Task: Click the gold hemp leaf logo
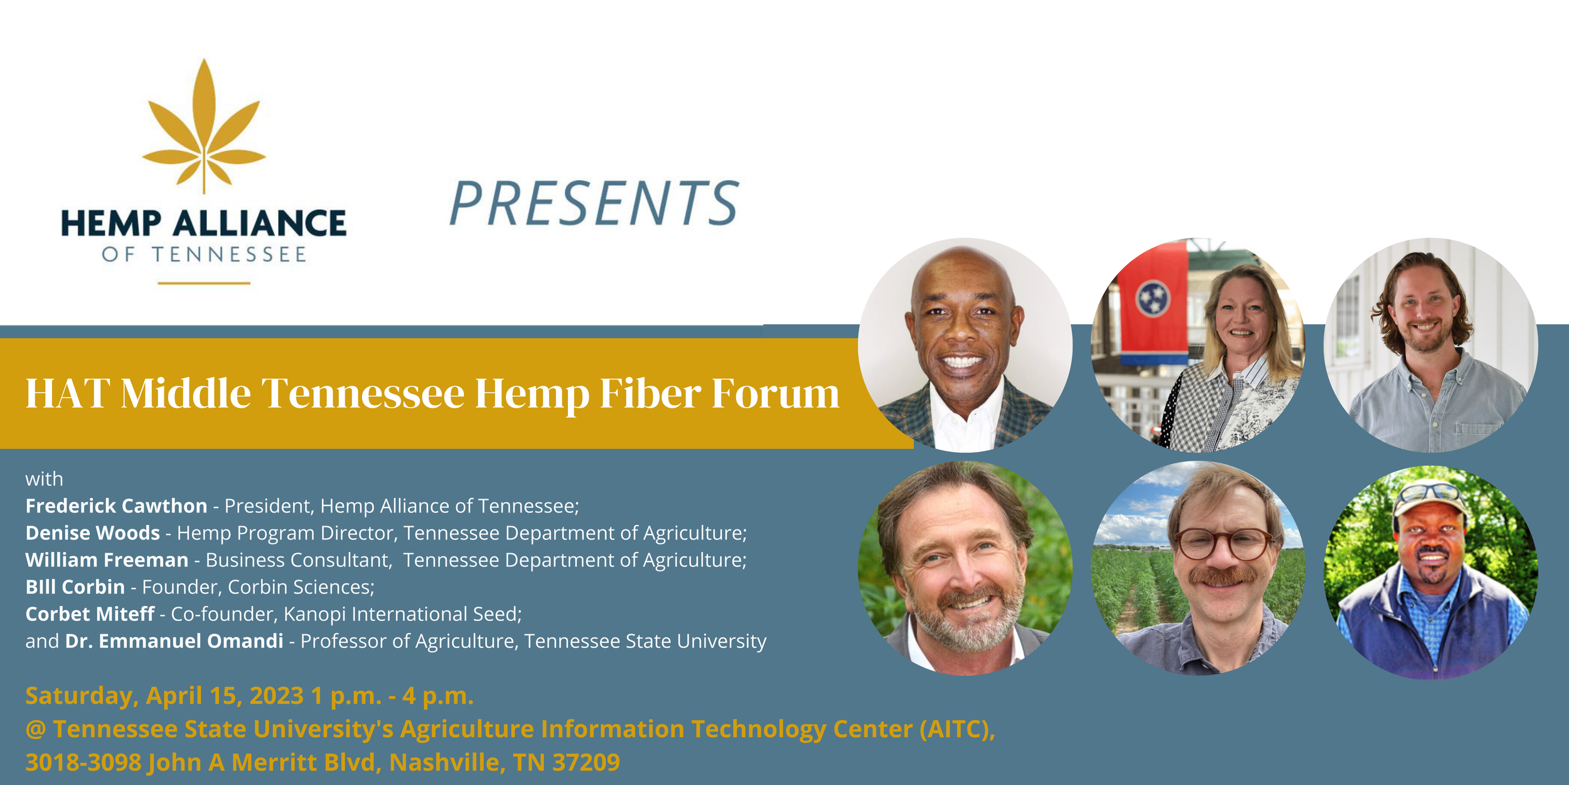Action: (x=204, y=126)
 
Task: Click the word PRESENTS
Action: (x=594, y=203)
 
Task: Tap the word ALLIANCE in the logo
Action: (x=259, y=224)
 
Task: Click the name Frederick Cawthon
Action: (x=116, y=506)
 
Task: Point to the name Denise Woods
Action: (x=93, y=533)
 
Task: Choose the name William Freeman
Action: (x=107, y=560)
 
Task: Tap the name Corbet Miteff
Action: (x=90, y=614)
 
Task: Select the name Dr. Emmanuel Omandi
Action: (x=174, y=641)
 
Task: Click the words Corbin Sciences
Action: (x=301, y=587)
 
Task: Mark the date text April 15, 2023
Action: (x=225, y=696)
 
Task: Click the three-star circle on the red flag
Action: (x=1152, y=298)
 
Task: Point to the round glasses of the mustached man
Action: (x=1223, y=544)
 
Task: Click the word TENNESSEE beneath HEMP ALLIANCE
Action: (x=229, y=254)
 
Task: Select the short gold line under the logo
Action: (x=204, y=283)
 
